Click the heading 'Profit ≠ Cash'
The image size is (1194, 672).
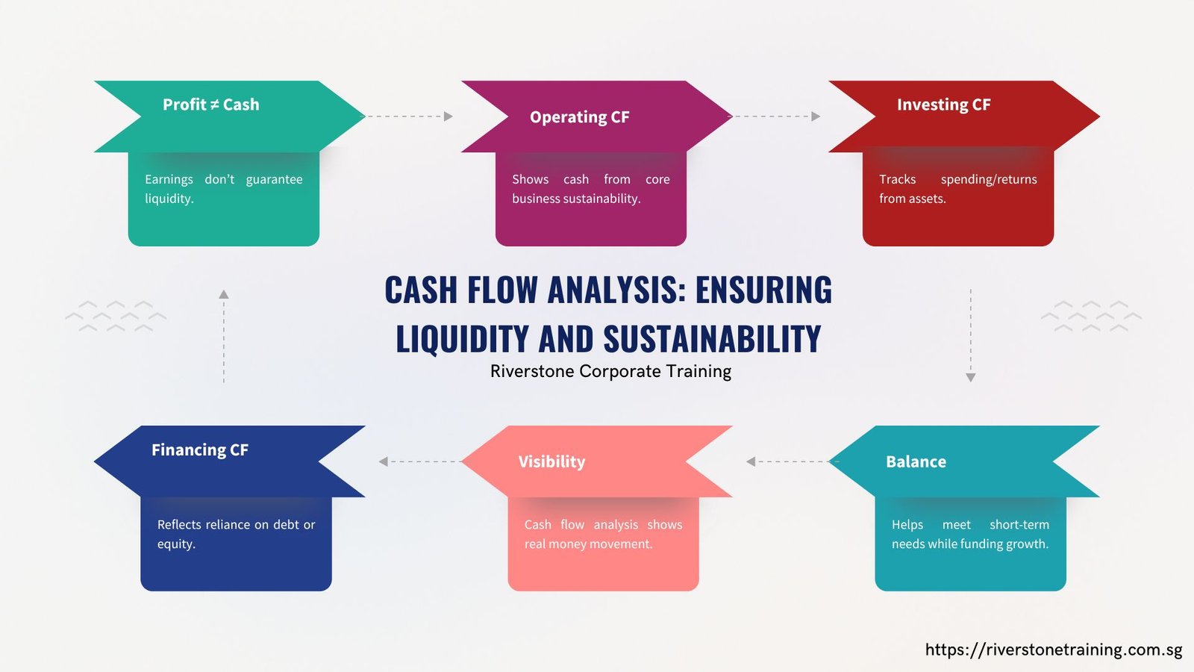click(x=211, y=105)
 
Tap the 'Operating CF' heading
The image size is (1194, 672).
click(x=579, y=117)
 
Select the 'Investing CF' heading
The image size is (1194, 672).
click(x=943, y=105)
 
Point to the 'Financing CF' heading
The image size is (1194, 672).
click(x=200, y=450)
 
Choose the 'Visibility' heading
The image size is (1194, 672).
click(x=551, y=462)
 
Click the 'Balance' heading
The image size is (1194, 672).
click(x=916, y=462)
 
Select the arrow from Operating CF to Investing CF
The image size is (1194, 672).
click(x=776, y=116)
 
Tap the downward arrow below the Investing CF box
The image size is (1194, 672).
click(x=971, y=335)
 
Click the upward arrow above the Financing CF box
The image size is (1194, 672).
click(x=224, y=336)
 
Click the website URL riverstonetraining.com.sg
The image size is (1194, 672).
click(x=1054, y=650)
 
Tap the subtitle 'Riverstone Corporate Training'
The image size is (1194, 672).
click(x=611, y=371)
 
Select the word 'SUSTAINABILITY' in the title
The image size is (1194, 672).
click(x=712, y=339)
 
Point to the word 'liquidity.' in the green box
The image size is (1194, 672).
click(x=169, y=199)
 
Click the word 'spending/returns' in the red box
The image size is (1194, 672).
click(x=989, y=180)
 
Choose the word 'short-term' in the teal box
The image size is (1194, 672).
click(x=1019, y=525)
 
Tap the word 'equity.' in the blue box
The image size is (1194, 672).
click(x=176, y=544)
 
